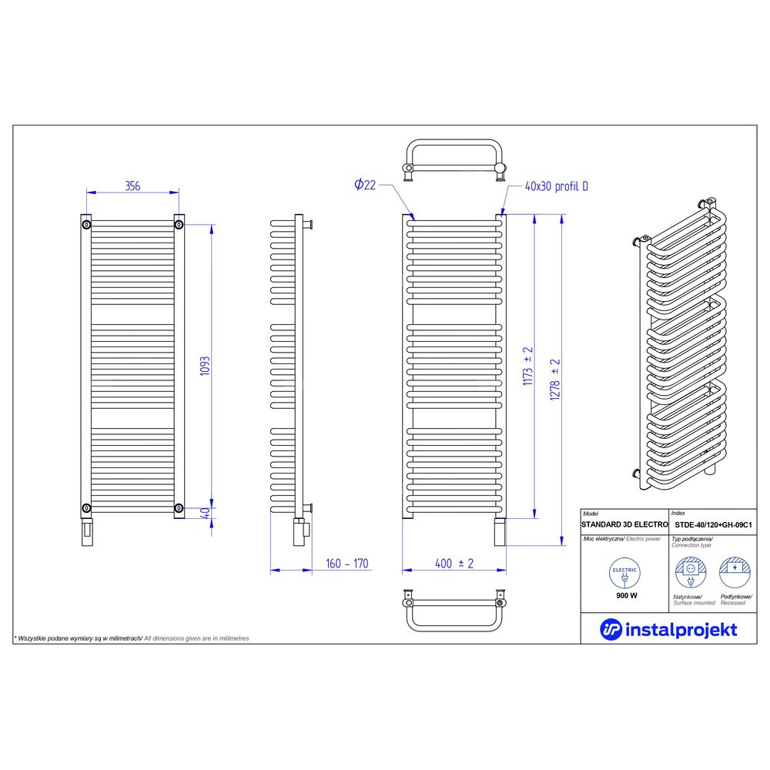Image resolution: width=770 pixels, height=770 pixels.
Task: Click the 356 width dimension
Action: coord(132,186)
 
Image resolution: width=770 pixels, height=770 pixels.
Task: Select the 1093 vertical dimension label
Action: coord(205,367)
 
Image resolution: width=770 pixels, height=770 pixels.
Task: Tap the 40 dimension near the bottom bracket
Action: coord(206,513)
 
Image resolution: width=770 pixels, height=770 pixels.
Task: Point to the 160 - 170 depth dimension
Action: coord(346,564)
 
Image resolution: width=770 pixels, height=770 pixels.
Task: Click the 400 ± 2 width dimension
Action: coord(454,564)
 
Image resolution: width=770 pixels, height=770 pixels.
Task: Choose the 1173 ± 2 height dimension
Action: coord(527,366)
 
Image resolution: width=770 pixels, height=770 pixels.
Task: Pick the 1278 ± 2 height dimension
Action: coord(555,380)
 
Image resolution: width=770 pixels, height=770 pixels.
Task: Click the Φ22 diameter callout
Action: coord(365,185)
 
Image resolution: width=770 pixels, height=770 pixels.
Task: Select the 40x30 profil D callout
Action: coord(557,186)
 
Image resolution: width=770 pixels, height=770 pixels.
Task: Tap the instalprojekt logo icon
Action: coord(611,629)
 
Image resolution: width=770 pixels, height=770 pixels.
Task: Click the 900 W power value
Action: coord(627,596)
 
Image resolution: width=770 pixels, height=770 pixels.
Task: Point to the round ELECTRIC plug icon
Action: coord(624,573)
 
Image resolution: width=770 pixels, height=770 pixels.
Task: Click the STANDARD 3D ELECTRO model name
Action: coord(624,524)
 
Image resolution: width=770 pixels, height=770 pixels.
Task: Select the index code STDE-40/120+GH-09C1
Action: coord(713,525)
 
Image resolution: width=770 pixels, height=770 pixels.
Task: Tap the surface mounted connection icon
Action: coord(691,573)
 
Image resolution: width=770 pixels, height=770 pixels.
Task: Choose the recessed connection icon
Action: coord(735,573)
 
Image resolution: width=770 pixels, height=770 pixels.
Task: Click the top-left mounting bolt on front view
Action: coord(86,225)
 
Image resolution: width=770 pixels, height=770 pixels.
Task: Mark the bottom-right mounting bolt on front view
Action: coord(179,507)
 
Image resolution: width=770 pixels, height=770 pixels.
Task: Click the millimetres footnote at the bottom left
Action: coord(132,638)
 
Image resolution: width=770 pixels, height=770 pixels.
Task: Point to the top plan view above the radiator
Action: coord(454,160)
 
